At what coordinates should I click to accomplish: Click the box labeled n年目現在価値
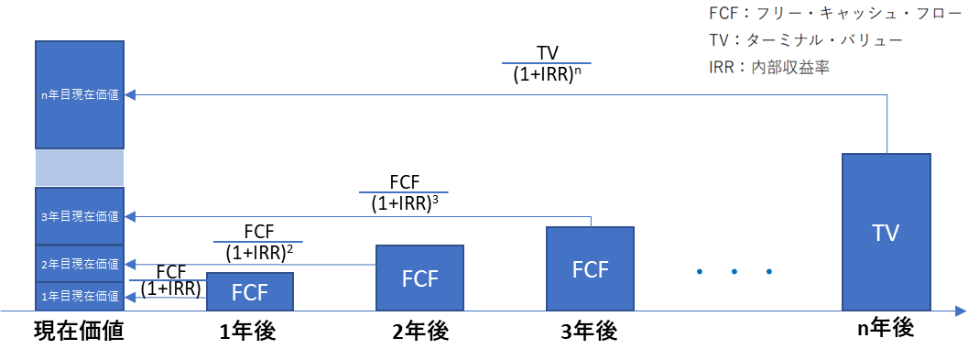point(80,94)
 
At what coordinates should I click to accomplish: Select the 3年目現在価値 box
point(80,216)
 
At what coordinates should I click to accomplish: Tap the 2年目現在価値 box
point(80,264)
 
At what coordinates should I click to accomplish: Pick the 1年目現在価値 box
point(80,296)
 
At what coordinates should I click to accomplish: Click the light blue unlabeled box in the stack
point(80,168)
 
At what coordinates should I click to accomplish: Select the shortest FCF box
point(249,292)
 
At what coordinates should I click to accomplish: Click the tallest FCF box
point(590,268)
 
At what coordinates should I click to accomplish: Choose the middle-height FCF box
point(419,278)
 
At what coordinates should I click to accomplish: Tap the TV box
point(886,233)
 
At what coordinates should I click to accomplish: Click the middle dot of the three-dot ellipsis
point(734,271)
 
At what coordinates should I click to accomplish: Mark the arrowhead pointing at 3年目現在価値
point(130,217)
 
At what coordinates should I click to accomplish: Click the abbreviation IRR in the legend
point(723,67)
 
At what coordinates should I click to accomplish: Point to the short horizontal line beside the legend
point(547,63)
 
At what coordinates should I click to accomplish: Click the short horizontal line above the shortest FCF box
point(257,242)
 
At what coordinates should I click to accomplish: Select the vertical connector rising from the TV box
point(887,124)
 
